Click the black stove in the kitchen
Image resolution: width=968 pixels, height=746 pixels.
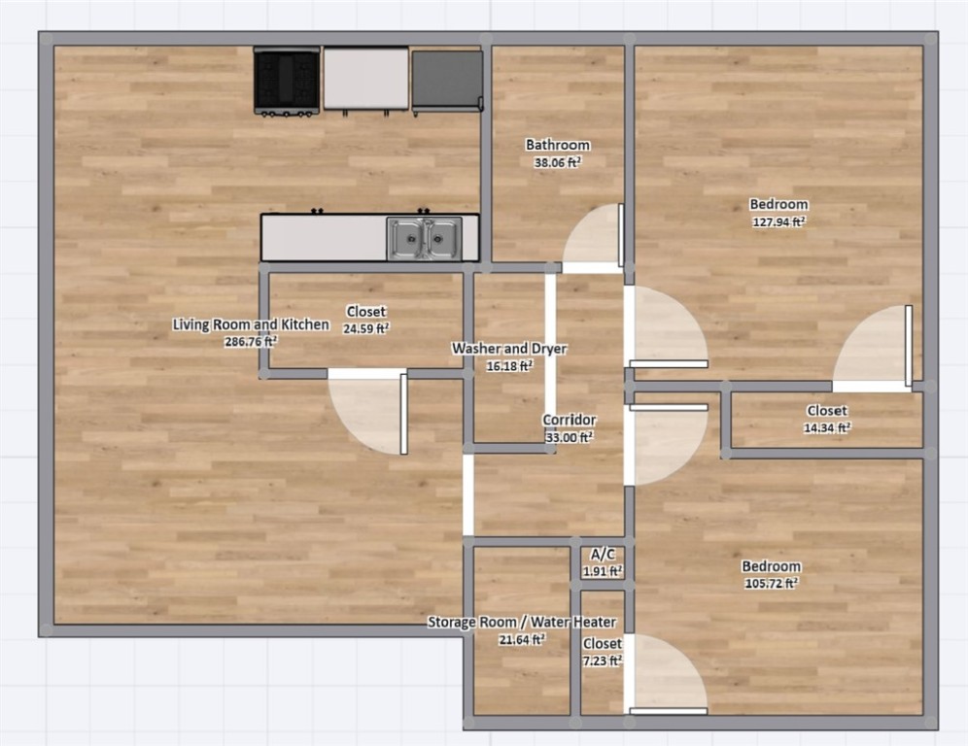point(287,81)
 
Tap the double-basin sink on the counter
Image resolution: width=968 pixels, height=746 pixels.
point(425,238)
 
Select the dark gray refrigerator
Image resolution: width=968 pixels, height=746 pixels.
point(448,82)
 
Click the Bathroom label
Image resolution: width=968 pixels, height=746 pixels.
point(558,145)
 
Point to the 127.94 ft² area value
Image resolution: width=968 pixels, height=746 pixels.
point(778,221)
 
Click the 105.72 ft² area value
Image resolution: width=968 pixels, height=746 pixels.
point(772,583)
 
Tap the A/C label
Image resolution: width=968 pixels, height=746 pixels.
point(603,554)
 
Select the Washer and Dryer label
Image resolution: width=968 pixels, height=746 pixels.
point(509,349)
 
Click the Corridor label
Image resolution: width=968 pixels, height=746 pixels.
point(570,421)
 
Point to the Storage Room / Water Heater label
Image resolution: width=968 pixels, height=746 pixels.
point(522,622)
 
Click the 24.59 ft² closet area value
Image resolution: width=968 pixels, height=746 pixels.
point(366,329)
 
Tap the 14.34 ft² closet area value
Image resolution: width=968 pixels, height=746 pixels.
point(827,427)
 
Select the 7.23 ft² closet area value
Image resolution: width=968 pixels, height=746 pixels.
point(603,661)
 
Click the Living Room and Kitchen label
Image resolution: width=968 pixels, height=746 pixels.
point(251,324)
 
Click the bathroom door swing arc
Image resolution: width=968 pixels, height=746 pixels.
point(592,236)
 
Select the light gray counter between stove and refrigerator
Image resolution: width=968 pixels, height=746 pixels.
point(366,79)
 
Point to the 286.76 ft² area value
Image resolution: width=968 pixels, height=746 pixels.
point(251,342)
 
